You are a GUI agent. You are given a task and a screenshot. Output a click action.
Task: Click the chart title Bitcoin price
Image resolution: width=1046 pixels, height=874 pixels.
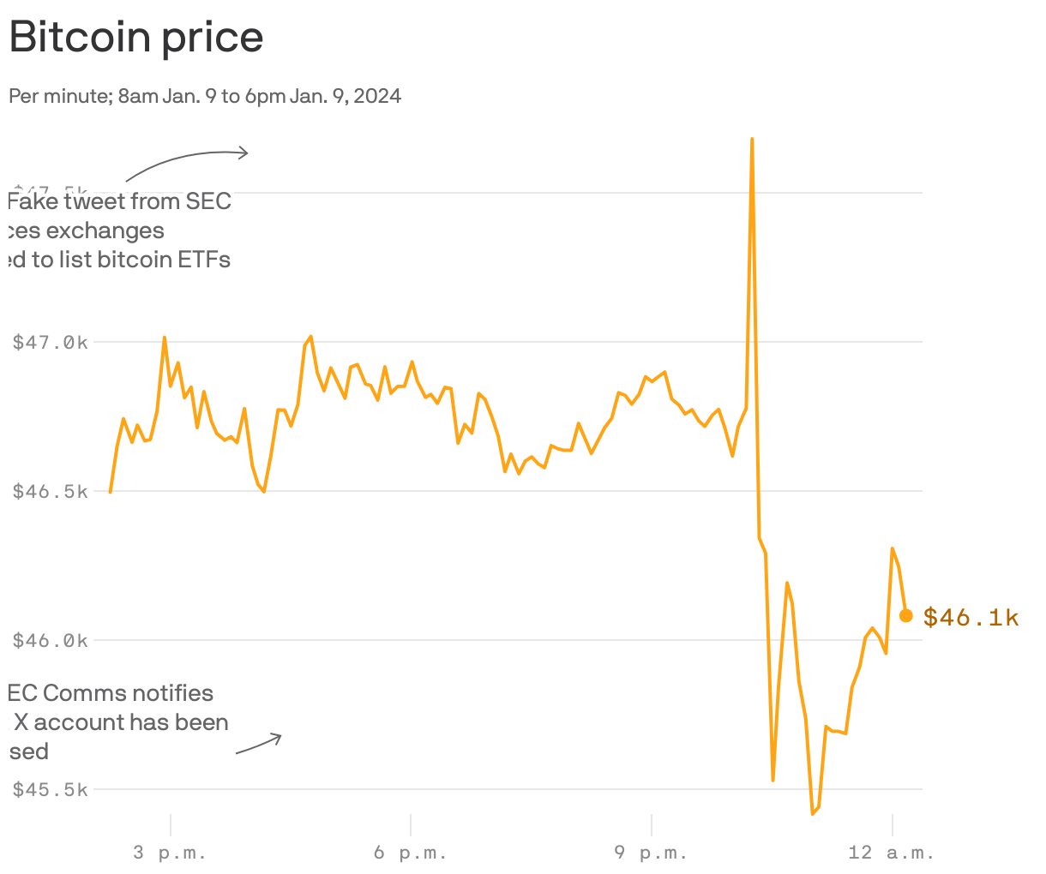[x=136, y=38]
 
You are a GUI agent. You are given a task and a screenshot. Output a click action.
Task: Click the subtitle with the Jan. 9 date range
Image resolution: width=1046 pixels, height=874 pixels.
[x=205, y=96]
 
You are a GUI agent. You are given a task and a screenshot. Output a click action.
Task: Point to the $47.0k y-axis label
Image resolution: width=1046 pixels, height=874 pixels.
[x=51, y=343]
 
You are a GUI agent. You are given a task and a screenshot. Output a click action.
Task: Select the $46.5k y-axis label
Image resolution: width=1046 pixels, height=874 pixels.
[x=51, y=492]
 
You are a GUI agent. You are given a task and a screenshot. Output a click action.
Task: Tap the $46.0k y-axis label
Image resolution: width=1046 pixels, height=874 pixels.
[x=51, y=641]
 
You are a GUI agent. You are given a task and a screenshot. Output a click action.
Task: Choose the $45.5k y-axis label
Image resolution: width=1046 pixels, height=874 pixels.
[x=51, y=790]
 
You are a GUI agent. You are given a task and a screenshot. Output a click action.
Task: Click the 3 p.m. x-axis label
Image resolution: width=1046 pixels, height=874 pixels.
[x=171, y=853]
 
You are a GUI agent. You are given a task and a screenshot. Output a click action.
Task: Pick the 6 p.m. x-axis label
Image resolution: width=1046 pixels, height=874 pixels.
[x=411, y=853]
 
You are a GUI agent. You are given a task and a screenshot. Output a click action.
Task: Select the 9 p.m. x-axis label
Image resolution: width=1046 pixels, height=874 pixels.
[x=652, y=853]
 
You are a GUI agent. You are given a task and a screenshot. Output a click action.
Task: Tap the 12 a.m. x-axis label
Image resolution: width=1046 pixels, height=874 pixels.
[x=892, y=853]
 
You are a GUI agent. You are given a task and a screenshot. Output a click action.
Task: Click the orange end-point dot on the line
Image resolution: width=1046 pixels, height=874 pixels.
[x=906, y=615]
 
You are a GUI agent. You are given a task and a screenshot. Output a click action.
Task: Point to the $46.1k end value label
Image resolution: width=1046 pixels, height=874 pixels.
[x=971, y=618]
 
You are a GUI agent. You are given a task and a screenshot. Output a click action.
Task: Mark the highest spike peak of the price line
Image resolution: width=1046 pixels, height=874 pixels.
[x=752, y=139]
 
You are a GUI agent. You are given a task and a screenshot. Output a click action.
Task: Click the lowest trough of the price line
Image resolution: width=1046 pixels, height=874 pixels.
[x=812, y=813]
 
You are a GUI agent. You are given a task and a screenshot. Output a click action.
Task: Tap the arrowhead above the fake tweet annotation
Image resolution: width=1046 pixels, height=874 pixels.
[x=244, y=153]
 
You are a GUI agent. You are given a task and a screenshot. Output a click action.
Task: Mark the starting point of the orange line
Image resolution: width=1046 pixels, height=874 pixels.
[x=111, y=492]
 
